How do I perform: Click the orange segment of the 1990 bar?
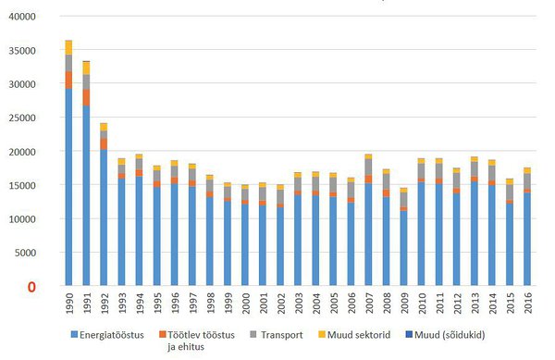click(x=68, y=80)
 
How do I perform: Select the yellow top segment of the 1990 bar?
click(x=68, y=47)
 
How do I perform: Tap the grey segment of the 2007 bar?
click(x=367, y=167)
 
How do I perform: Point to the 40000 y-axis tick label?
click(x=19, y=18)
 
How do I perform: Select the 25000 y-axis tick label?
click(x=19, y=118)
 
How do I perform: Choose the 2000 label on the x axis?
click(x=244, y=304)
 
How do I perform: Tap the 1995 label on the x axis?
click(x=156, y=304)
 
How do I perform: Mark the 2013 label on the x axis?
click(x=473, y=304)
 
